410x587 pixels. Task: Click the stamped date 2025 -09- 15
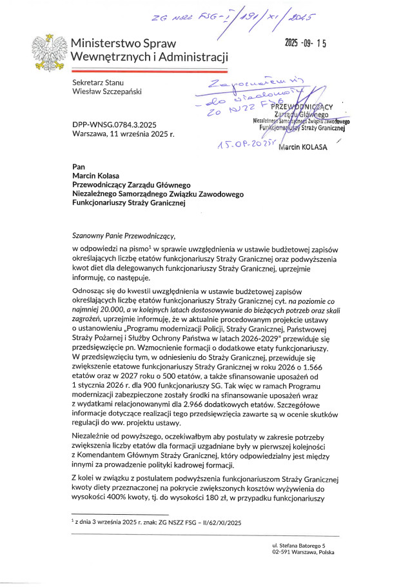click(x=306, y=44)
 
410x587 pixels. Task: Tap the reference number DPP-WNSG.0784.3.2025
click(x=114, y=124)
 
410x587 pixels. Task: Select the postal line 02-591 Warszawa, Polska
click(x=303, y=553)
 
